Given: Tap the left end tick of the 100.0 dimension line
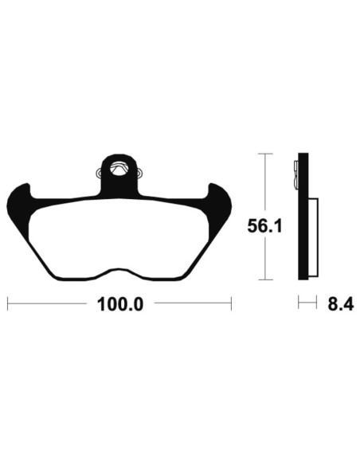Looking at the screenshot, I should (x=7, y=303).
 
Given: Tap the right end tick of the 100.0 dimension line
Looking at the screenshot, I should (x=231, y=303).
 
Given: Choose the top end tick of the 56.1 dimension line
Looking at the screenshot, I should (x=266, y=153).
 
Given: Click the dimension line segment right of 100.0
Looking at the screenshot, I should (x=191, y=303).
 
